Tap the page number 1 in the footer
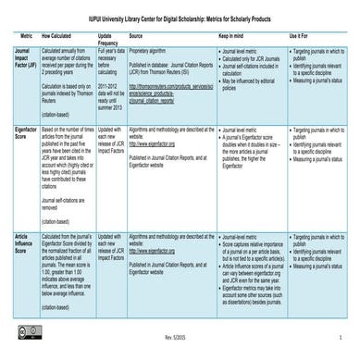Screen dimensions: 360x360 (343, 349)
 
